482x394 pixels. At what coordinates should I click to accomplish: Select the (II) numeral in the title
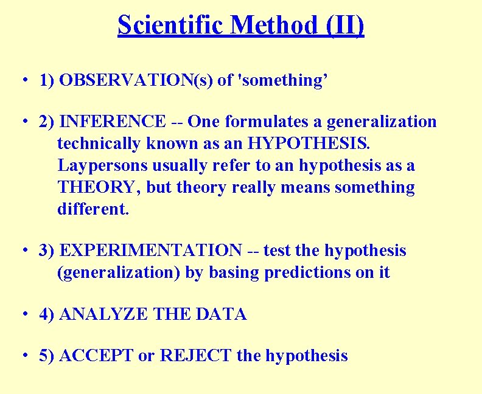(x=345, y=25)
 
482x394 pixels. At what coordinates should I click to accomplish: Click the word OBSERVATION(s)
(x=136, y=80)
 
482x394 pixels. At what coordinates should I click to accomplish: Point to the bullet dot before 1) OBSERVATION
(x=23, y=81)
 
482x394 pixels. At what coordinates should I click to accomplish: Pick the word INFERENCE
(x=113, y=122)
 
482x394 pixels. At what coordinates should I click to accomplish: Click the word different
(x=93, y=209)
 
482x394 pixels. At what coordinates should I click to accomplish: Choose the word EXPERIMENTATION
(x=152, y=251)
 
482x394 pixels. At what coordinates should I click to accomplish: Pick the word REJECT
(x=196, y=356)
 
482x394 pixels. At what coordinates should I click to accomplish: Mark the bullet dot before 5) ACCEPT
(x=23, y=356)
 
